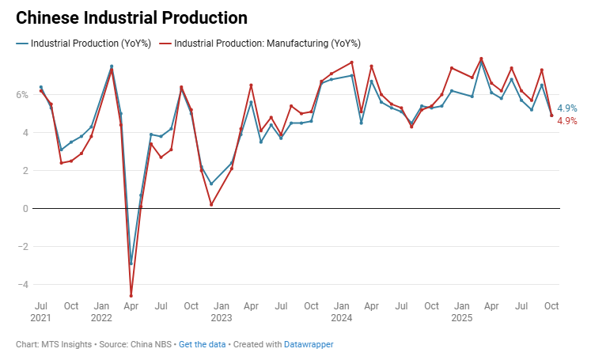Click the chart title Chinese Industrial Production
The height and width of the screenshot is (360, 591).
pyautogui.click(x=131, y=17)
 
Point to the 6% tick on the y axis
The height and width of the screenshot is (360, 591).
pyautogui.click(x=22, y=95)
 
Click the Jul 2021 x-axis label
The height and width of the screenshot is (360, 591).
pyautogui.click(x=40, y=311)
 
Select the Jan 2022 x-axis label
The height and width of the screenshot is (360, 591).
pyautogui.click(x=101, y=311)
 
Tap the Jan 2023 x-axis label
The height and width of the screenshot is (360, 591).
pyautogui.click(x=222, y=311)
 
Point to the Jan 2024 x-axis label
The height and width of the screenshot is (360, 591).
pyautogui.click(x=342, y=311)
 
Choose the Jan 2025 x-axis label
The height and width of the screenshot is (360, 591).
pyautogui.click(x=461, y=311)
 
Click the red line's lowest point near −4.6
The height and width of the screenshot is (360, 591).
pyautogui.click(x=131, y=296)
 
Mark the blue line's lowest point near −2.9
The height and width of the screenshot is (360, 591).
pyautogui.click(x=131, y=263)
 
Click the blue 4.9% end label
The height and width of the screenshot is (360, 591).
pyautogui.click(x=567, y=108)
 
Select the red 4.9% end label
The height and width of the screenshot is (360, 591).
pyautogui.click(x=567, y=121)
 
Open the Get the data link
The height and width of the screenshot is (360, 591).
pyautogui.click(x=202, y=345)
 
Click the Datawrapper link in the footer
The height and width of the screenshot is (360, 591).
pyautogui.click(x=309, y=345)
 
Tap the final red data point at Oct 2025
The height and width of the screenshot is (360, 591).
pyautogui.click(x=551, y=116)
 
